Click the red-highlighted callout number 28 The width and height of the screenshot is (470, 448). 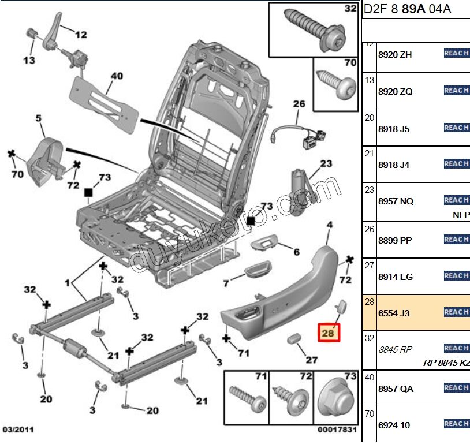pos(329,333)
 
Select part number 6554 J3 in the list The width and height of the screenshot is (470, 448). pos(394,313)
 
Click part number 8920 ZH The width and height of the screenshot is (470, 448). pos(395,55)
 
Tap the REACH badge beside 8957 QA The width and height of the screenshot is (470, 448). pos(456,388)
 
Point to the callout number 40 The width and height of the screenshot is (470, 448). pos(117,76)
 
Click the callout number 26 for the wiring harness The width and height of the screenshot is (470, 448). pos(299,104)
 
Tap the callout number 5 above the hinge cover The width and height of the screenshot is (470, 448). pos(39,119)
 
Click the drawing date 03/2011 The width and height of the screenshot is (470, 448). pos(16,430)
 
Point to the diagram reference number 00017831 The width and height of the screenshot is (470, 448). pos(337,430)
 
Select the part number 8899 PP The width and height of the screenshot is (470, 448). pos(396,240)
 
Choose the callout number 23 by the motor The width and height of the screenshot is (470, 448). pos(326,164)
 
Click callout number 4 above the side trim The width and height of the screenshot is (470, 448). pos(330,225)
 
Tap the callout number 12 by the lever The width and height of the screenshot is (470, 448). pos(80,35)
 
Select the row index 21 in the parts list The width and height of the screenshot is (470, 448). pos(370,154)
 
